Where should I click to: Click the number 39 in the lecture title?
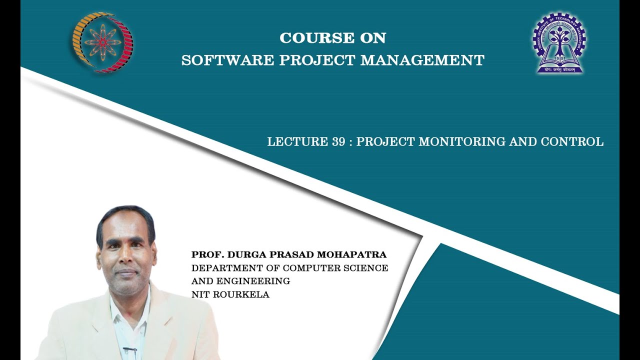(x=338, y=142)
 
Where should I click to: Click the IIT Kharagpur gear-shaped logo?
(x=559, y=44)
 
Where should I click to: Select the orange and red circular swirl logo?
(x=103, y=43)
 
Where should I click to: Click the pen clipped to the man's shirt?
(x=130, y=348)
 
